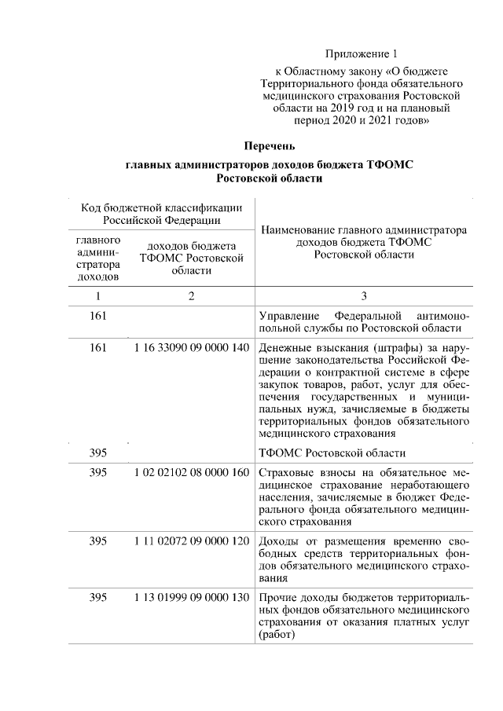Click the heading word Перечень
pos(269,147)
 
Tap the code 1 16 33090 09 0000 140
pos(191,349)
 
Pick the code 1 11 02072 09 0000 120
pos(191,541)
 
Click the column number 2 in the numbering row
pos(191,296)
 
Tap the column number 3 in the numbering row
pos(364,296)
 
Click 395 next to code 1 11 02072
pos(98,541)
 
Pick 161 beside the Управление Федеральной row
pos(98,315)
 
